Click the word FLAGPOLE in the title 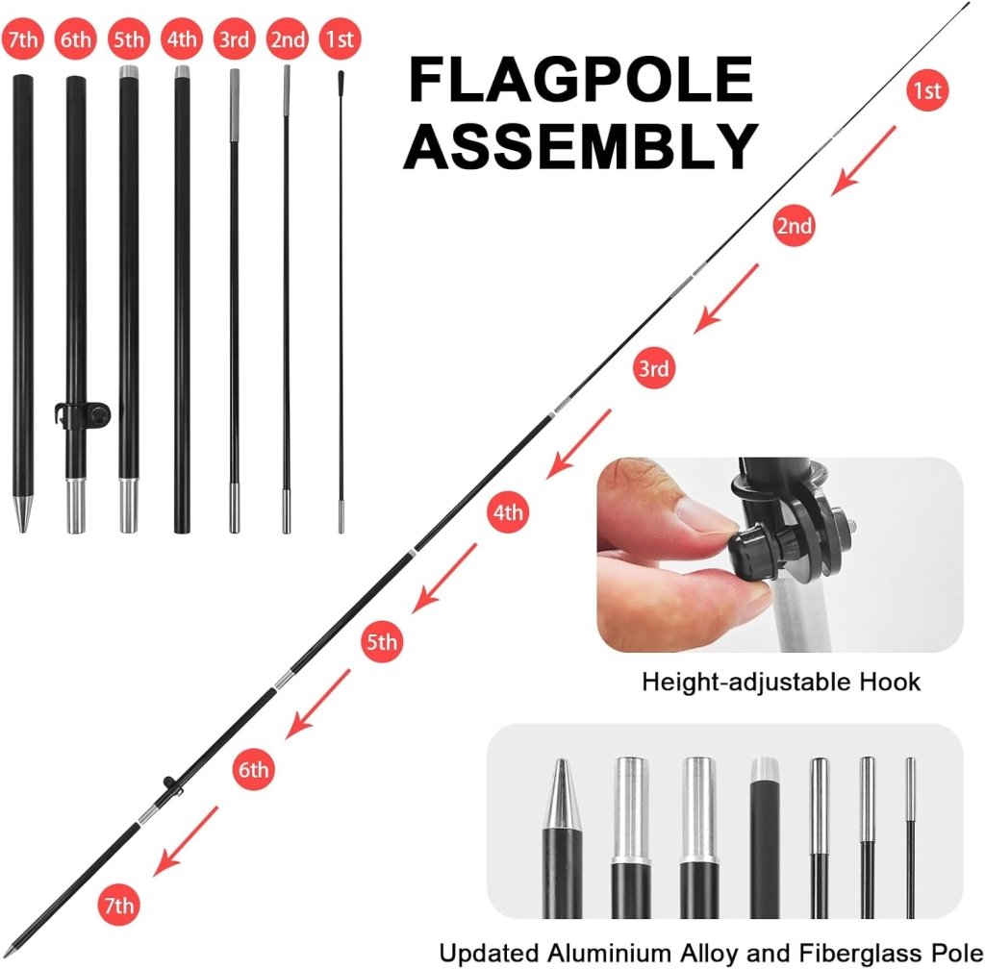581,81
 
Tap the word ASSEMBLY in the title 581,146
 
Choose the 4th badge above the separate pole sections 181,40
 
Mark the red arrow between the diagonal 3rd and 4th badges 578,443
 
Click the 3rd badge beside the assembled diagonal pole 653,368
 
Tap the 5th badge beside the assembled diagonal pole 381,641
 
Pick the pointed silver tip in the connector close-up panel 561,794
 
